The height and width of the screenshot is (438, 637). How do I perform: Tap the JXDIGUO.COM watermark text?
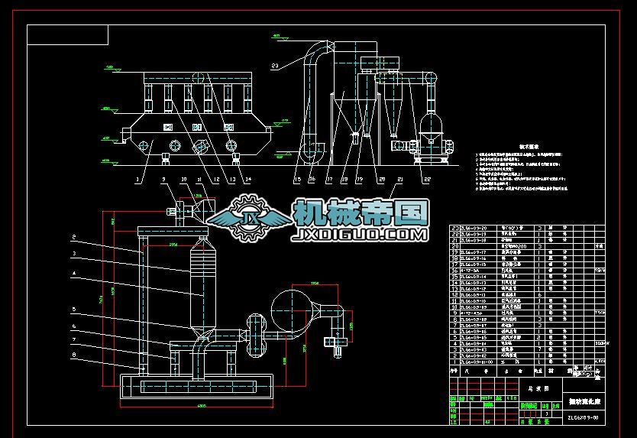(x=360, y=233)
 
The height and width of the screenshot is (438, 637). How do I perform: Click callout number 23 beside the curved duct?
(x=274, y=67)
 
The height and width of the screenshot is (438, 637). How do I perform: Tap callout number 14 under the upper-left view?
(x=247, y=180)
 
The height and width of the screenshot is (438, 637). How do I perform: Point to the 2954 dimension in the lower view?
(x=173, y=244)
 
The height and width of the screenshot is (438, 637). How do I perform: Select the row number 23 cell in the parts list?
(x=454, y=229)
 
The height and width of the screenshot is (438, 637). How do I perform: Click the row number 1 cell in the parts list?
(x=454, y=362)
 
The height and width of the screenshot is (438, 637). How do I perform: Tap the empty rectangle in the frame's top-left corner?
(x=68, y=34)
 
